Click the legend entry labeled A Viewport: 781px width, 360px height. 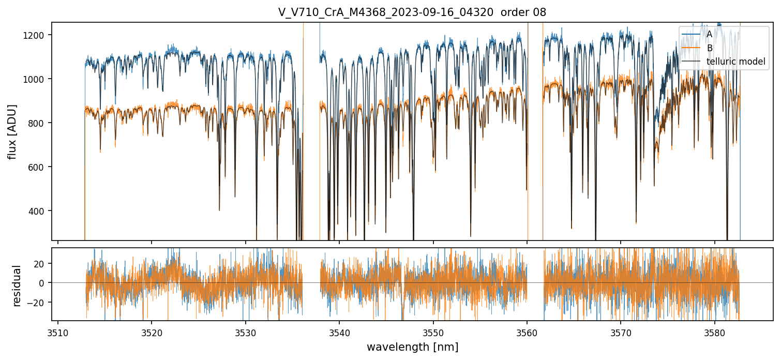[x=709, y=34]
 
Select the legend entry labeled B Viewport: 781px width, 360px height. [x=709, y=48]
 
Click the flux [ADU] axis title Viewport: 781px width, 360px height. [x=12, y=131]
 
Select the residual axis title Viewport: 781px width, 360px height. [x=17, y=286]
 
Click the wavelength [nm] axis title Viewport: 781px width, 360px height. [x=412, y=347]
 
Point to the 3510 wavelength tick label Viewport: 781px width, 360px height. [x=57, y=332]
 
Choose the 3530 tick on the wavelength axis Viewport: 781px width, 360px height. [x=245, y=332]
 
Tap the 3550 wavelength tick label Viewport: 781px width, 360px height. [x=433, y=332]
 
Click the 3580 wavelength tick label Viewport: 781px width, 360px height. [x=715, y=332]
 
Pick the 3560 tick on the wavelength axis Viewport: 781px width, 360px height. [x=527, y=332]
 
